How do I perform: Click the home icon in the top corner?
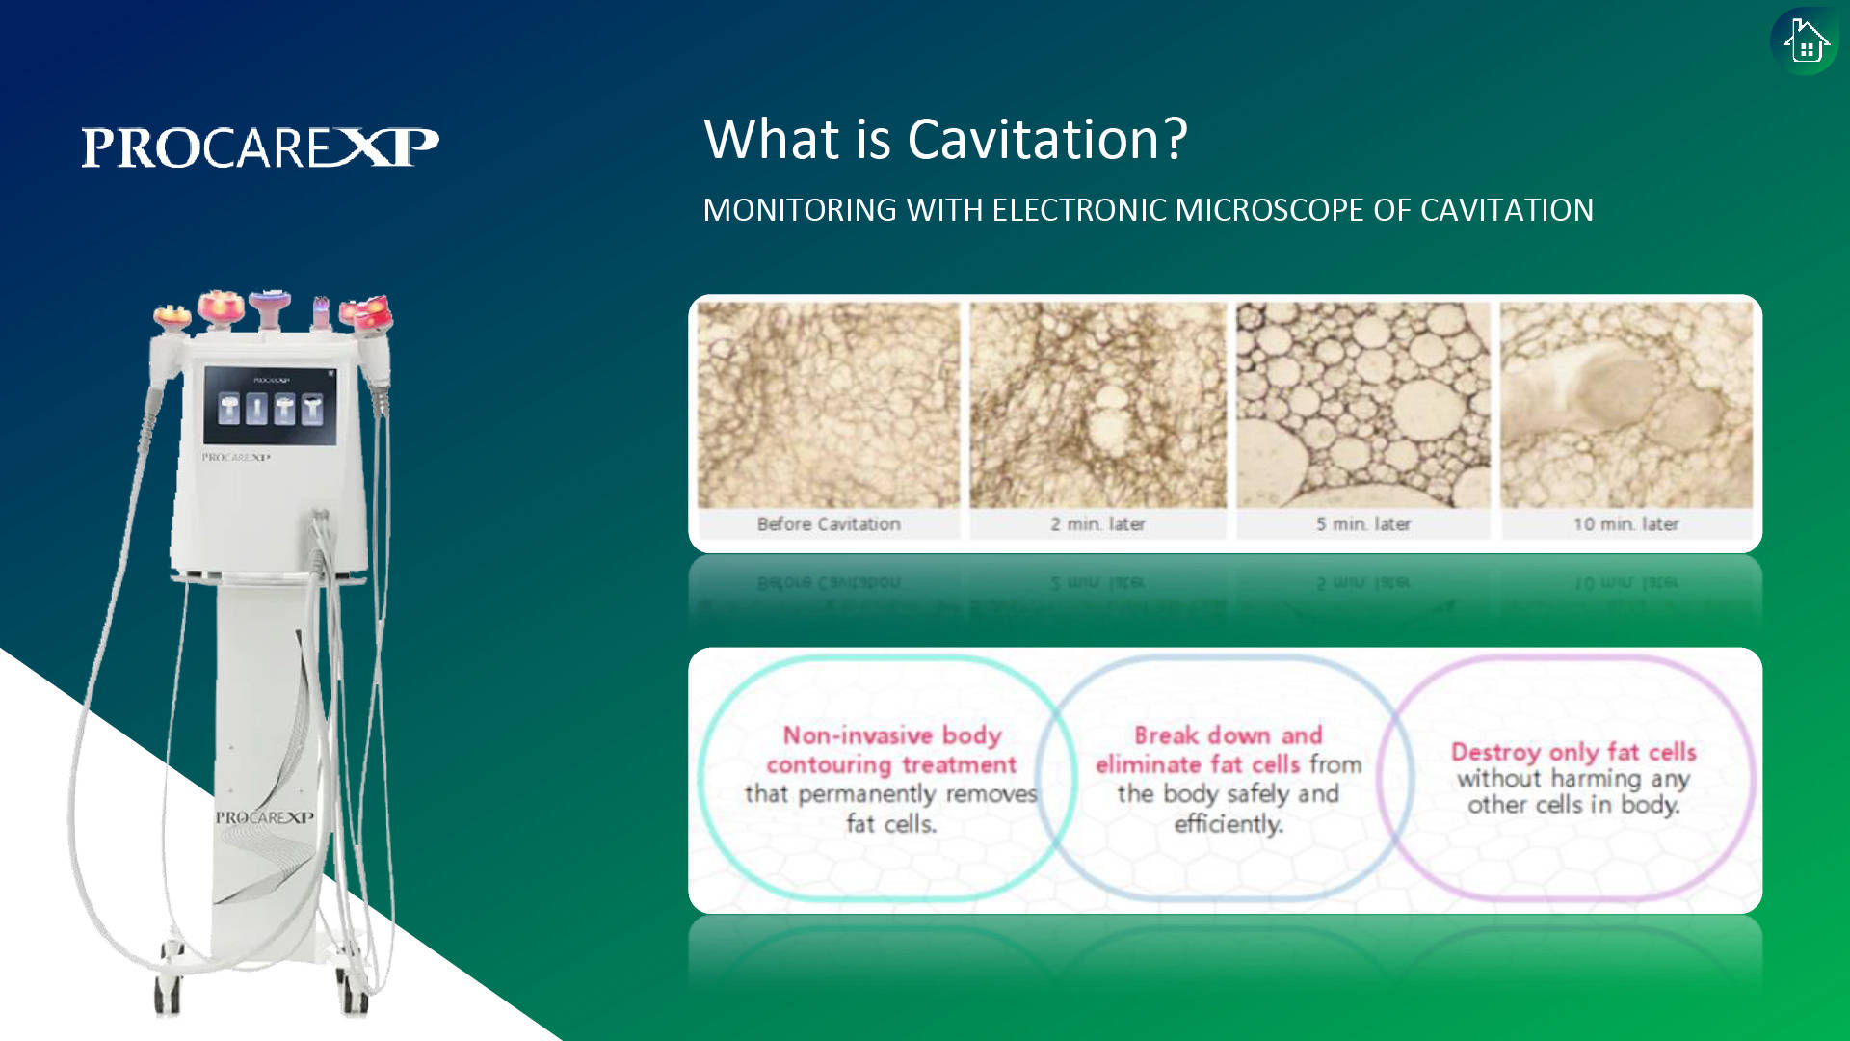tap(1805, 41)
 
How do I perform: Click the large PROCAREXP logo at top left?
tap(260, 147)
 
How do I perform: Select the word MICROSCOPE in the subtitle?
tap(1270, 210)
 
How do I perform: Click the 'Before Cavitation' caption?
tap(829, 524)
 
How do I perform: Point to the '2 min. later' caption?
tap(1097, 524)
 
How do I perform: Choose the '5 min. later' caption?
tap(1363, 524)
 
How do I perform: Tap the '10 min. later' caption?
tap(1625, 524)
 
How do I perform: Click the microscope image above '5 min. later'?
tap(1363, 405)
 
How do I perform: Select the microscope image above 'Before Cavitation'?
tap(829, 405)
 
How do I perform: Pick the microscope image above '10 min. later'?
tap(1626, 405)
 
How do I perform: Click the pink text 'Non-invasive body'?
tap(892, 735)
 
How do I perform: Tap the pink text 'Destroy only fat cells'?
tap(1573, 752)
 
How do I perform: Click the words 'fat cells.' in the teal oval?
tap(891, 824)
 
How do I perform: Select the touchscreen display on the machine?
tap(270, 405)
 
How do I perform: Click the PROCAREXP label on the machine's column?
tap(264, 817)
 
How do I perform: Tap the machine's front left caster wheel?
tap(168, 993)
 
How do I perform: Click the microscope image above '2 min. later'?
tap(1097, 405)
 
